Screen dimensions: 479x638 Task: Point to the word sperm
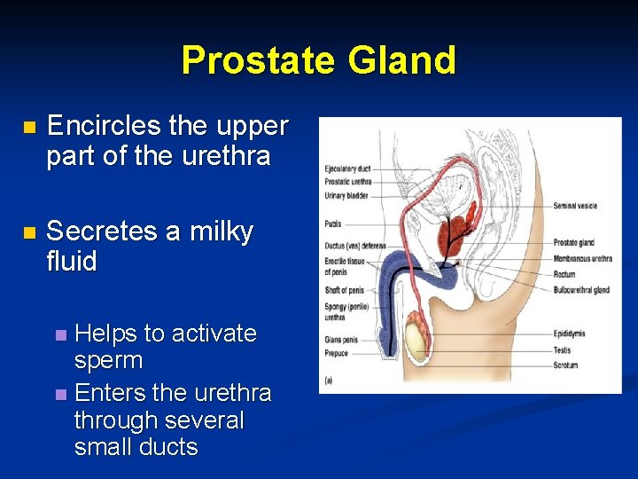108,361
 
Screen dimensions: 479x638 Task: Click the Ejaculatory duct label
346,169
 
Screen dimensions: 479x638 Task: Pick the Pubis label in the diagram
332,224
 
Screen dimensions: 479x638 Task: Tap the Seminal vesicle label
575,206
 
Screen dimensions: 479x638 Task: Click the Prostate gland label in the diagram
573,242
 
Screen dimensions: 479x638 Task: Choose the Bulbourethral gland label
581,290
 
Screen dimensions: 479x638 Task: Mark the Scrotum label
566,364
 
